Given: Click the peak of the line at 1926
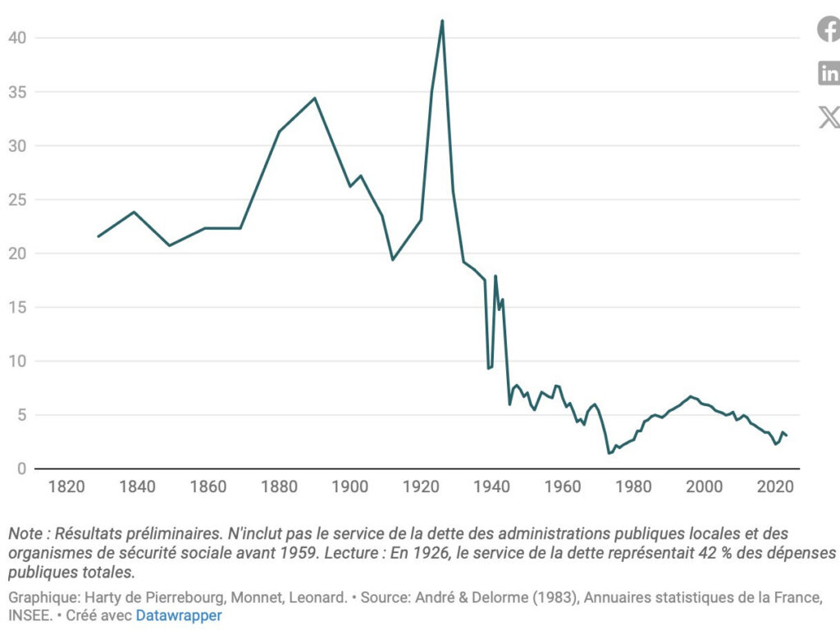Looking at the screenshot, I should click(x=442, y=21).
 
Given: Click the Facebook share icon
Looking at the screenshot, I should click(x=829, y=30).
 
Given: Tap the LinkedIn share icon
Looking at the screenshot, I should click(x=829, y=74).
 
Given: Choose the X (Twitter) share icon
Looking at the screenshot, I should click(x=829, y=117).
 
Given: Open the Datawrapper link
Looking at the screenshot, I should click(x=179, y=615).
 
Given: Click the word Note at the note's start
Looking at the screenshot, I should click(x=25, y=533).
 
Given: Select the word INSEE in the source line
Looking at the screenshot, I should click(x=30, y=615).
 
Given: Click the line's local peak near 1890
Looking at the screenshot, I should click(x=314, y=98).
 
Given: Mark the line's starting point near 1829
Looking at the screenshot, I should click(x=98, y=236).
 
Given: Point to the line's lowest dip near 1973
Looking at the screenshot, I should click(x=609, y=454).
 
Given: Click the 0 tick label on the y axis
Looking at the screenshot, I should click(x=22, y=469).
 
